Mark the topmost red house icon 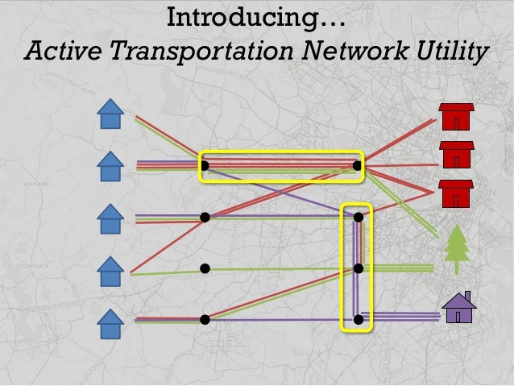tap(456, 118)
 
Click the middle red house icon tap(456, 155)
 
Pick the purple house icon tap(458, 307)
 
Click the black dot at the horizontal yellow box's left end tap(205, 166)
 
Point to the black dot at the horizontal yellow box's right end tap(356, 166)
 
